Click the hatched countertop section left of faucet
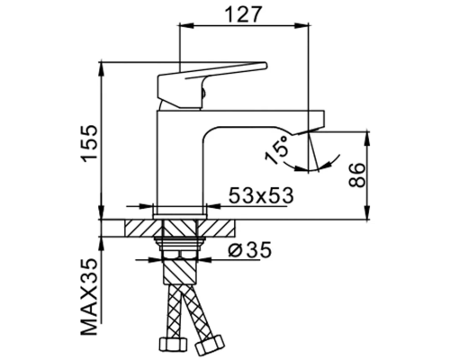[x=135, y=226]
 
